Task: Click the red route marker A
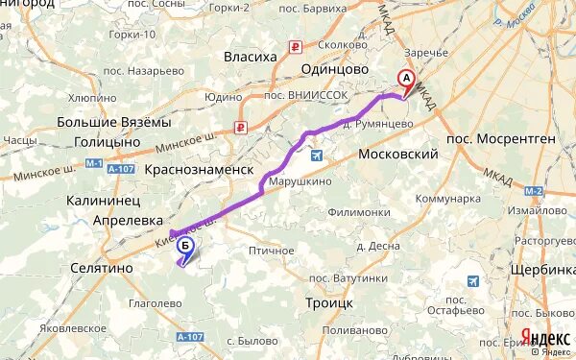coord(406,80)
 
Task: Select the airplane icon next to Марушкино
coord(318,153)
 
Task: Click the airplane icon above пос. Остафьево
coord(473,280)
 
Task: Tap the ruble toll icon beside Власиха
coord(297,46)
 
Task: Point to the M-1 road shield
coord(93,164)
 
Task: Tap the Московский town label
coord(397,155)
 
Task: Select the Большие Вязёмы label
coord(114,122)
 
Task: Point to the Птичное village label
coord(271,250)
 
